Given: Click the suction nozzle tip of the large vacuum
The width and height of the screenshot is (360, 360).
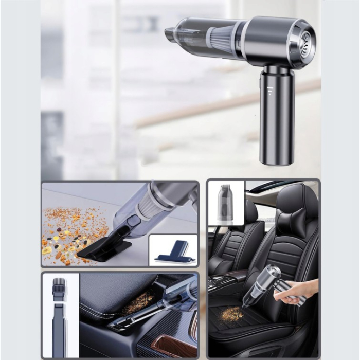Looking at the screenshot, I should [x=170, y=34].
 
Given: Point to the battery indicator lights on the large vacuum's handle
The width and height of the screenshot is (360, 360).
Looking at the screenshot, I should [x=270, y=91].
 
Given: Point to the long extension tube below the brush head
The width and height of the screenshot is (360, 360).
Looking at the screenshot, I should [x=59, y=329].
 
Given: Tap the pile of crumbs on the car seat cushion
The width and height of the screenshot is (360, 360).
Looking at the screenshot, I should [x=232, y=314].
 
